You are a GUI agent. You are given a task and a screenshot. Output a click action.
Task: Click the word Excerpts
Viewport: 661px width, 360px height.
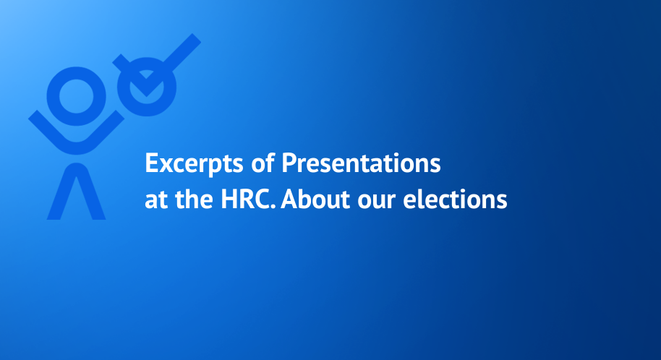click(194, 163)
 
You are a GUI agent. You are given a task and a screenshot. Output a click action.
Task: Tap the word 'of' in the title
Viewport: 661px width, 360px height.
click(263, 163)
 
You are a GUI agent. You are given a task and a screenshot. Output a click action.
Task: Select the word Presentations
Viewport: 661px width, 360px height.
click(362, 163)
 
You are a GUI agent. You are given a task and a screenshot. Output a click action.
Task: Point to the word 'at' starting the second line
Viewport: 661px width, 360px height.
click(156, 200)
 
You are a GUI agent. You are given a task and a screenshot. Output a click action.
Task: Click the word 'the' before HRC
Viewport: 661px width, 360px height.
click(194, 199)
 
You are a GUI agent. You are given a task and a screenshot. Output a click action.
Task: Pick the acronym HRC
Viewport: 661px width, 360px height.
click(246, 200)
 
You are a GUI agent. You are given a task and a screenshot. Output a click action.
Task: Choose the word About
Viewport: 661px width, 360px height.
click(315, 199)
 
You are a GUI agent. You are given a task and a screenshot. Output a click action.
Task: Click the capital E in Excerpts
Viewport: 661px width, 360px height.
click(152, 163)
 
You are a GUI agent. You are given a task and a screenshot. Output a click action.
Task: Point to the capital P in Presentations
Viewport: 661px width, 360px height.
click(289, 163)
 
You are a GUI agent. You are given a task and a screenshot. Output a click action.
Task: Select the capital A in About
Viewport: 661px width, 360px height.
click(289, 199)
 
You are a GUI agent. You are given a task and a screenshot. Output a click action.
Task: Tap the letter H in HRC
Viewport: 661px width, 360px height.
click(229, 200)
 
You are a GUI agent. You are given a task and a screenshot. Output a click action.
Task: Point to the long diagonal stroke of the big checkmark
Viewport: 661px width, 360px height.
click(180, 53)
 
